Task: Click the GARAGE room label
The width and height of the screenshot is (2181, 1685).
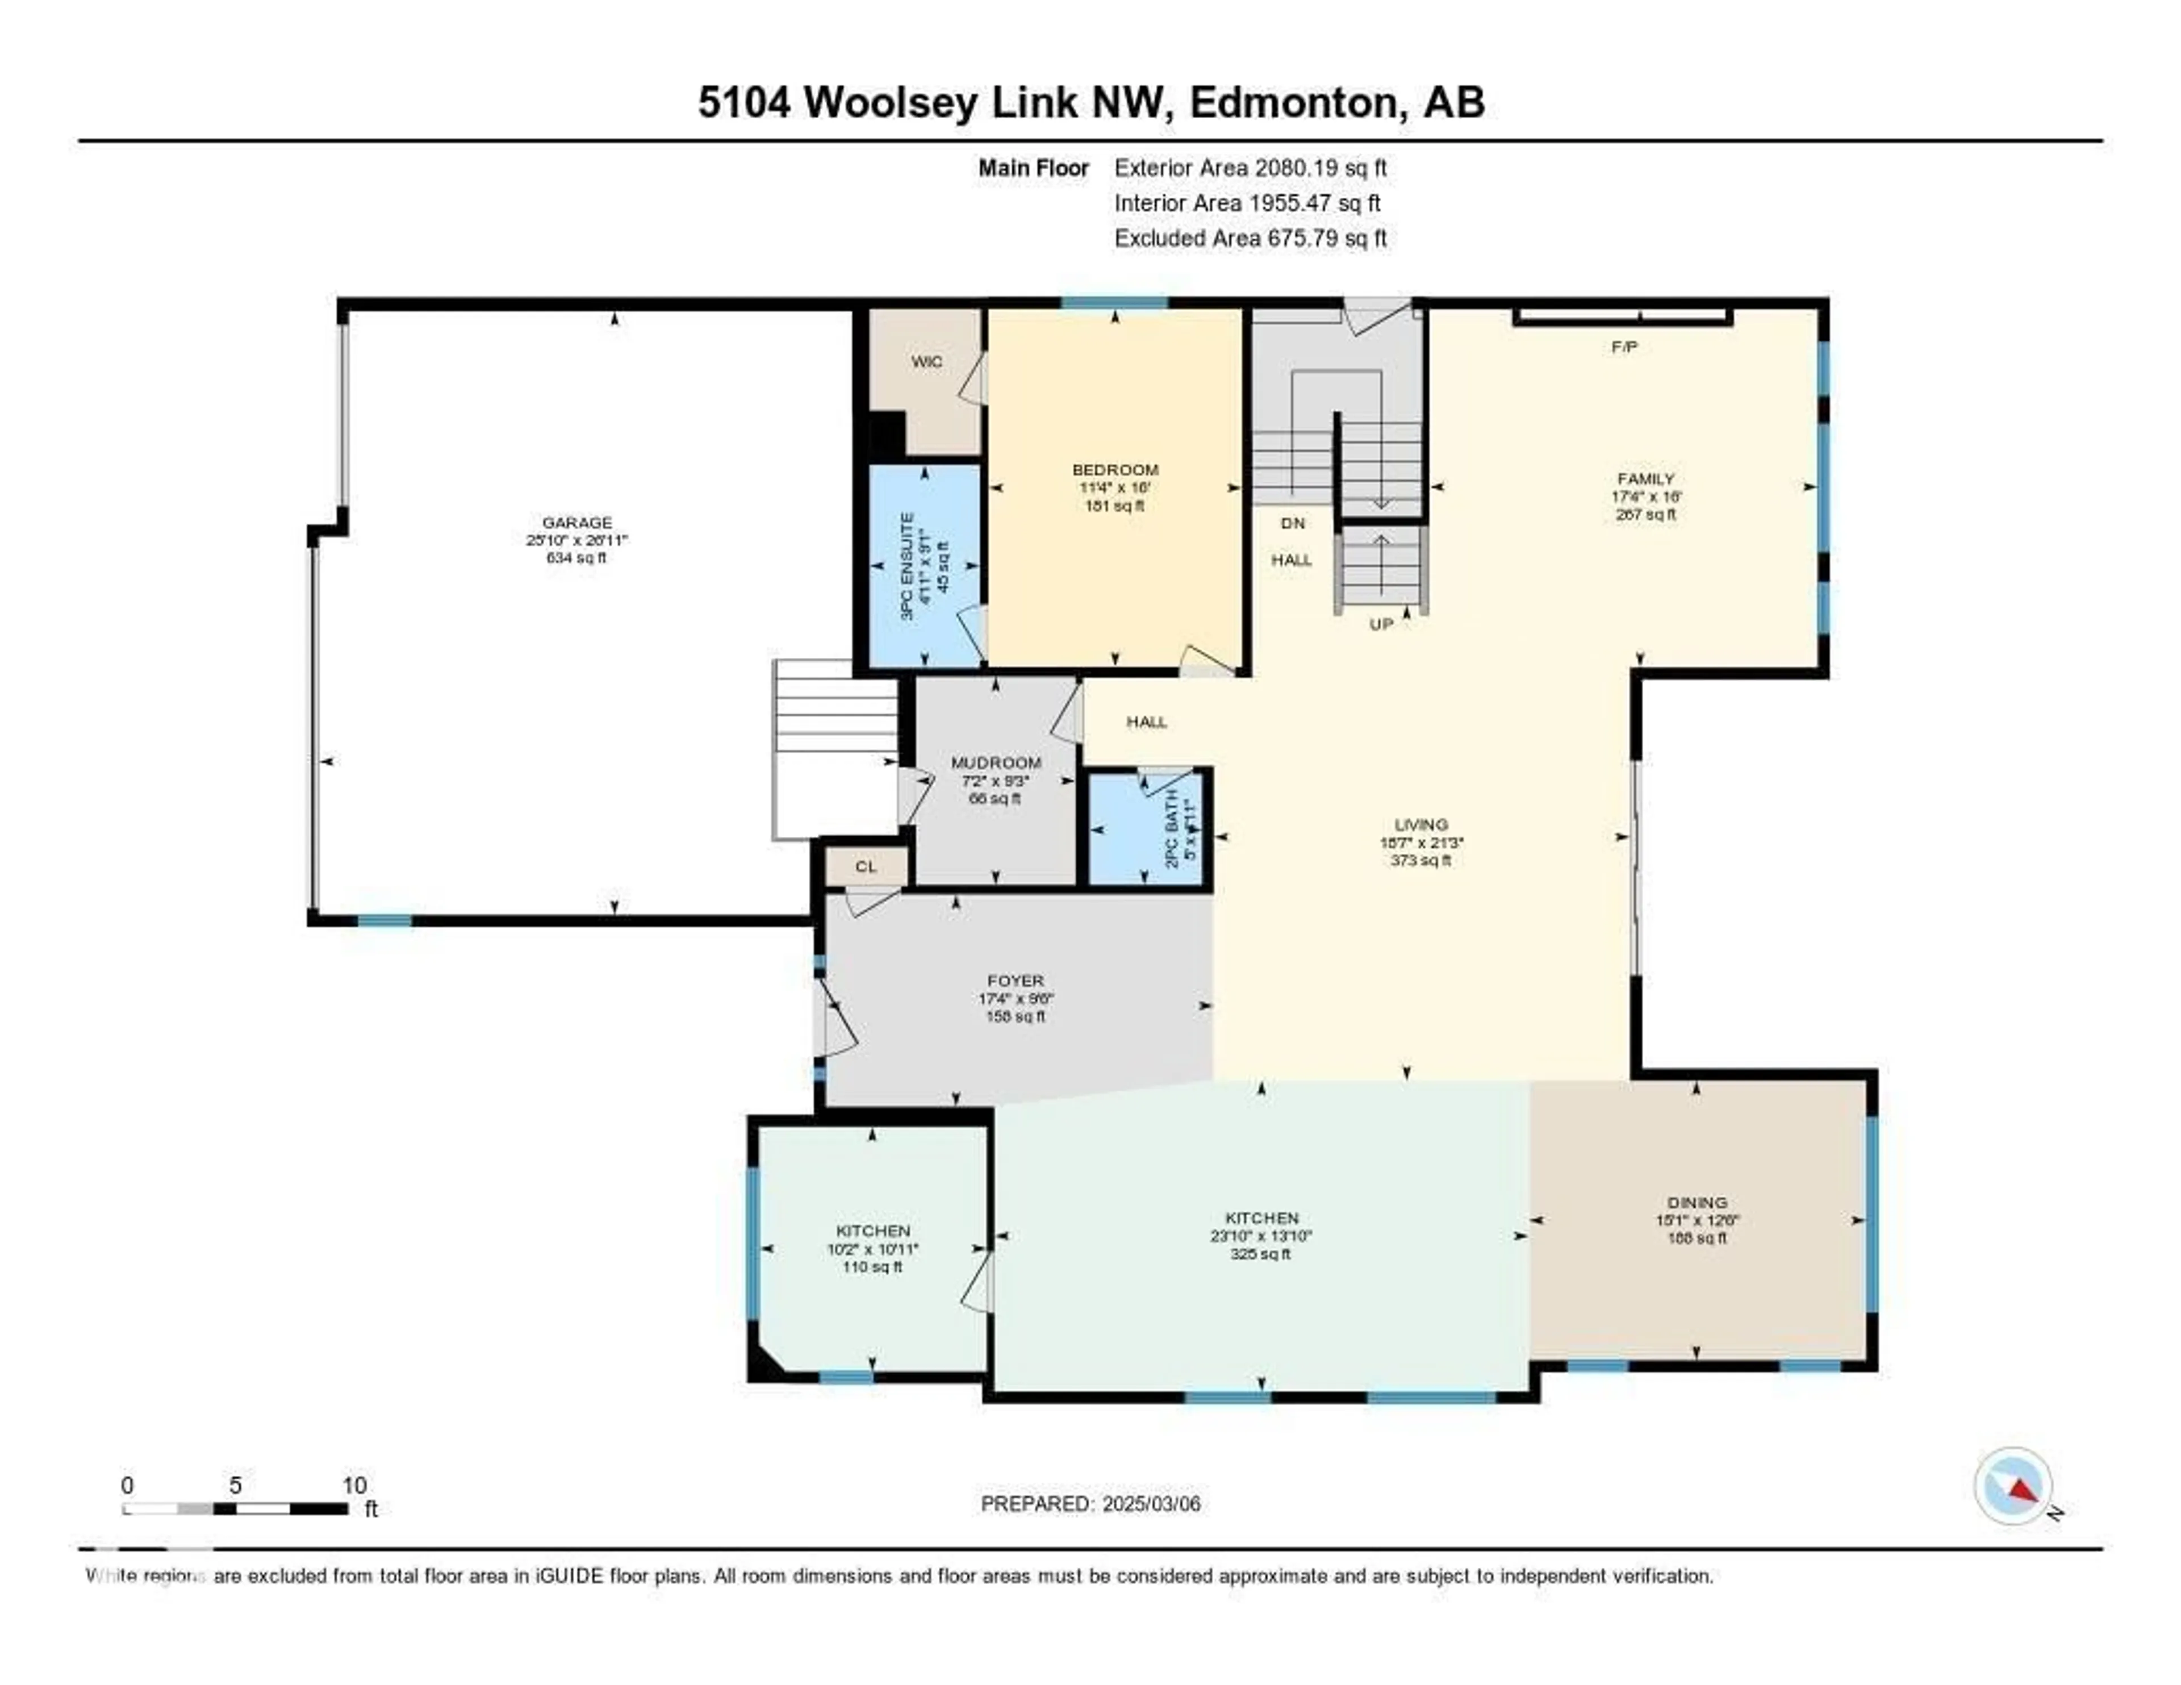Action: (x=576, y=523)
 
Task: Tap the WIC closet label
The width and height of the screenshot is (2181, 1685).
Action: (x=926, y=361)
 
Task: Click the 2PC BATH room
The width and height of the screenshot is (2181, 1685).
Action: (x=1148, y=829)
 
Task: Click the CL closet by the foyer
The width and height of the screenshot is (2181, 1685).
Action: (x=866, y=866)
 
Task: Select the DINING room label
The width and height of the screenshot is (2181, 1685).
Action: (x=1697, y=1203)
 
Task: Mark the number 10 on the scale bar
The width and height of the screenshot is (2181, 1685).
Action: (x=354, y=1485)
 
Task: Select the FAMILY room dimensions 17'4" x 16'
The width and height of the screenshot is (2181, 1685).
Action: (x=1646, y=497)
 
